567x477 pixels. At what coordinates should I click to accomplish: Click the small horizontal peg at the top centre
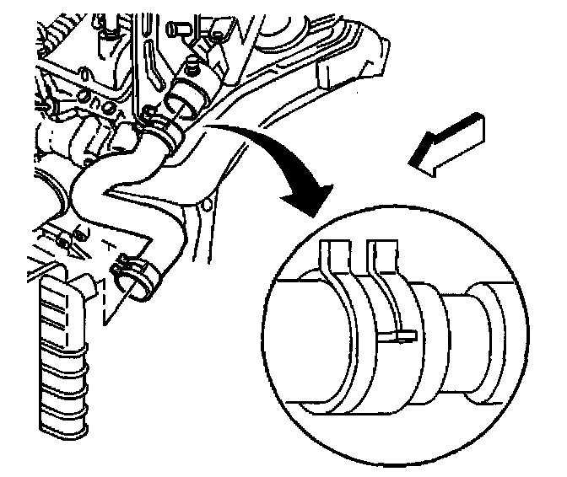tap(178, 28)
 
